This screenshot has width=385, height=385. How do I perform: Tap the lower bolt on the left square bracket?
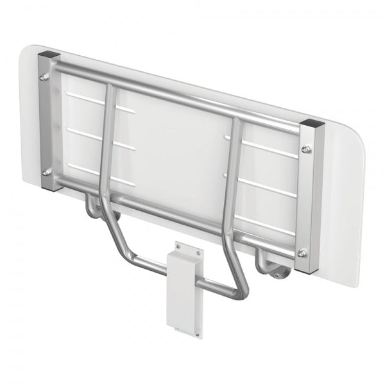click(x=44, y=172)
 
